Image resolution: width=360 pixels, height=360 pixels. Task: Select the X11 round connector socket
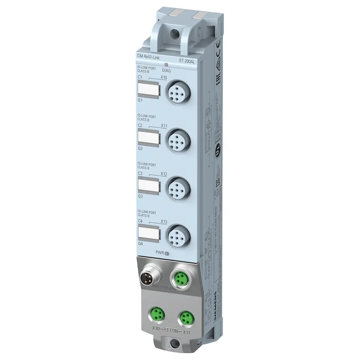(x=174, y=140)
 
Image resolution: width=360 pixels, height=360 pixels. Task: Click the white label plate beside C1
(x=148, y=91)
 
